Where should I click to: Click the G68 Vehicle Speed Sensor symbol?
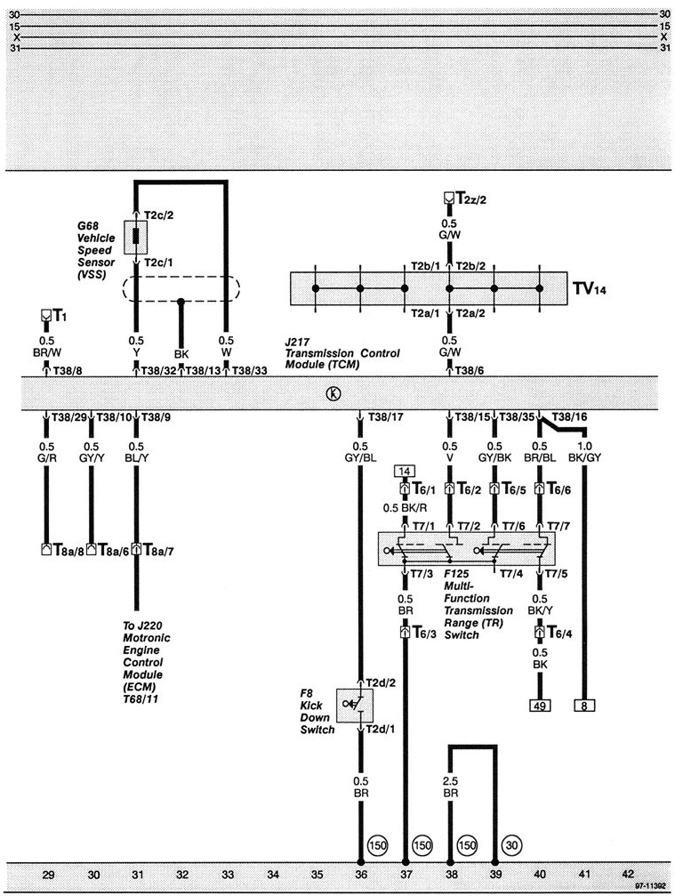[x=136, y=238]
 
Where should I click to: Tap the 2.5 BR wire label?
[x=451, y=785]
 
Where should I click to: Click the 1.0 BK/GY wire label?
[x=583, y=452]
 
